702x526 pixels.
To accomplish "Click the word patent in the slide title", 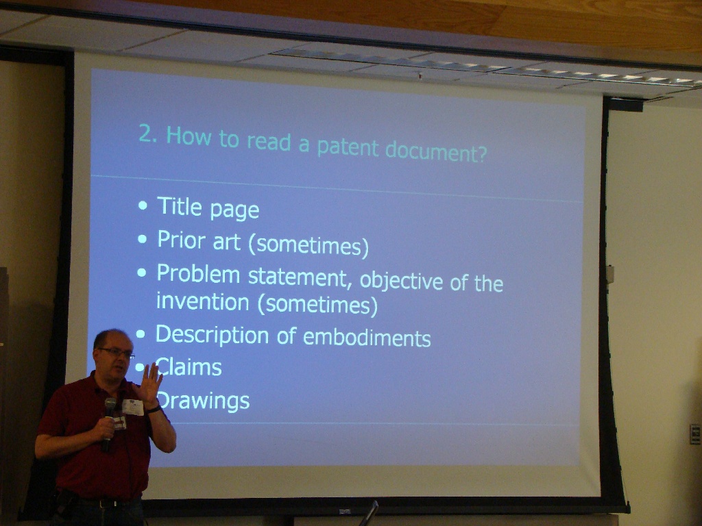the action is coord(348,148).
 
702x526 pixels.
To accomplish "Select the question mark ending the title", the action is coord(481,153).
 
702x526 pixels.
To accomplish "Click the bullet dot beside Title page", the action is coord(143,205).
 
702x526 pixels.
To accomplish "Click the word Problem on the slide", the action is coord(198,275).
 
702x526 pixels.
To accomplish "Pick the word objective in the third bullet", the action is coord(402,281).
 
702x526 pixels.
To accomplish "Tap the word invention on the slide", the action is coord(203,302).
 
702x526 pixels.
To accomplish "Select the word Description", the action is coord(212,335).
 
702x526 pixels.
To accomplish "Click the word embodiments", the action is coord(367,338).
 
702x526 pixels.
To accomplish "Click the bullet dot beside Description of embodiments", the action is coord(140,334).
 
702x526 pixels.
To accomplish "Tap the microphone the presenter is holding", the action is coord(108,423).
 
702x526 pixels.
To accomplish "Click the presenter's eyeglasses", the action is coord(117,353).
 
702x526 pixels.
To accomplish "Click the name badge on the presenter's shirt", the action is coord(133,407).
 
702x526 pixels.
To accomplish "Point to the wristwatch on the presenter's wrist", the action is coord(153,408).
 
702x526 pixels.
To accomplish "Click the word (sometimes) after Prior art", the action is coord(308,246).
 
